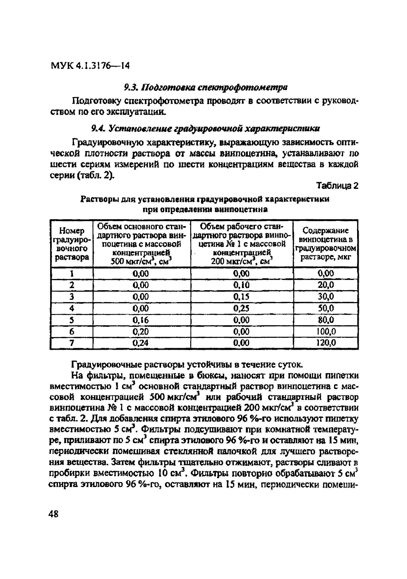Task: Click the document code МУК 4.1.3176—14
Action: tap(90, 66)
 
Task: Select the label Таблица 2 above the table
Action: tap(337, 186)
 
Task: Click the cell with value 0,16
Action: tap(141, 320)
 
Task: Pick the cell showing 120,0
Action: tap(326, 343)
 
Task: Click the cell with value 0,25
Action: tap(241, 308)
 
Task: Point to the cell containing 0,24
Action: tap(141, 343)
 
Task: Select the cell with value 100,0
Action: tap(326, 331)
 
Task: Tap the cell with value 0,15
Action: tap(241, 297)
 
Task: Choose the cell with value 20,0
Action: tap(326, 285)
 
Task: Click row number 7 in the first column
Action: tap(72, 343)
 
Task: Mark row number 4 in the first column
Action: tap(72, 308)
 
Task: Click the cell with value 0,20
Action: tap(141, 331)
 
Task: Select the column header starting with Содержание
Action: tap(325, 244)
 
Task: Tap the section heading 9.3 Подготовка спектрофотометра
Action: tap(206, 88)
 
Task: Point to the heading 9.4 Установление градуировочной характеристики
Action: tap(206, 129)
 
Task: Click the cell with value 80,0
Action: tap(326, 320)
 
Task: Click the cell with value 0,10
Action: tap(241, 285)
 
